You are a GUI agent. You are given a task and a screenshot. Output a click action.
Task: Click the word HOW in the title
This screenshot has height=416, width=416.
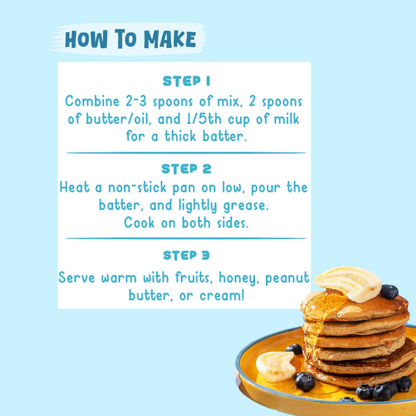[x=86, y=39]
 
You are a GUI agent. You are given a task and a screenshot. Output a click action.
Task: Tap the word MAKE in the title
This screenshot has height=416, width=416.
[x=170, y=39]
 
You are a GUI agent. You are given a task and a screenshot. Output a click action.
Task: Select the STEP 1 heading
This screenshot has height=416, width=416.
[x=186, y=81]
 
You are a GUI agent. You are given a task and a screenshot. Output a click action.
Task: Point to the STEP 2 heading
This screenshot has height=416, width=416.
[x=186, y=169]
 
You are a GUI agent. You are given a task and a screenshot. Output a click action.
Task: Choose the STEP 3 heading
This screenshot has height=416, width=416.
[x=186, y=255]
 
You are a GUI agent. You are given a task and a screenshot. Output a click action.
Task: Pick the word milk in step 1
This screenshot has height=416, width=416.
[x=286, y=119]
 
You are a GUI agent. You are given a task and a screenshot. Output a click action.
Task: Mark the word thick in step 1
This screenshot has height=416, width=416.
[x=180, y=136]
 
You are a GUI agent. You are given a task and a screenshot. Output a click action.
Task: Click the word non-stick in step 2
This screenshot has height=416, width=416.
[x=137, y=188]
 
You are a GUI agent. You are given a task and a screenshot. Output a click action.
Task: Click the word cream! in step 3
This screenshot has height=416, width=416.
[x=222, y=296]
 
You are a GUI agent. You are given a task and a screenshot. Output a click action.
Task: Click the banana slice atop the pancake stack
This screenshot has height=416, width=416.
[x=348, y=283]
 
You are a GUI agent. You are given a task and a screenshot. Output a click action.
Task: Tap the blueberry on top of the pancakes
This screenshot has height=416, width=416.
[x=389, y=292]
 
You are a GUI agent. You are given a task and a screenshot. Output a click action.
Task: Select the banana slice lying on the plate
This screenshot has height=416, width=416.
[x=276, y=366]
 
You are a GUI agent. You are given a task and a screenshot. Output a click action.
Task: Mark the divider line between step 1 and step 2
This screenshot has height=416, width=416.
[x=186, y=153]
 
